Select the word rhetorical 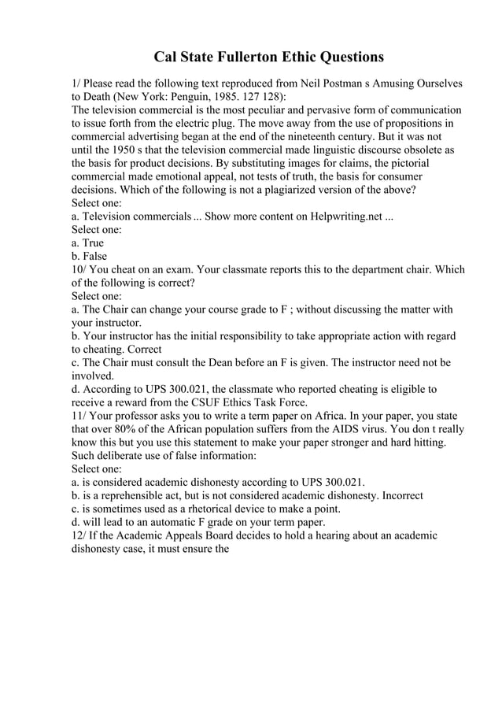point(206,510)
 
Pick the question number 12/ point(81,537)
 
